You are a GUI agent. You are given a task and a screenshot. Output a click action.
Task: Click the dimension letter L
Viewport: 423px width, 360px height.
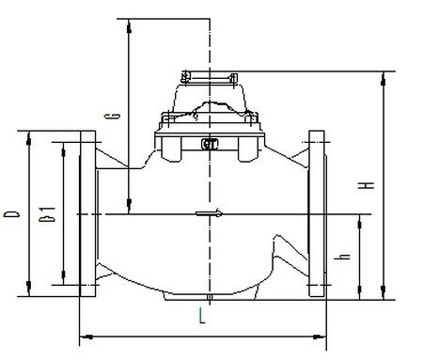(x=202, y=315)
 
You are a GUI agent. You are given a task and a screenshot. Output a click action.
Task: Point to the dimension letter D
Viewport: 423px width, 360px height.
(x=11, y=214)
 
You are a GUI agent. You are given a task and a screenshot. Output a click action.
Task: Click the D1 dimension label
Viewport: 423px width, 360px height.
(x=47, y=214)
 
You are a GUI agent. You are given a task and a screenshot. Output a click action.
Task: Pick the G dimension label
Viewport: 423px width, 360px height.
(x=116, y=116)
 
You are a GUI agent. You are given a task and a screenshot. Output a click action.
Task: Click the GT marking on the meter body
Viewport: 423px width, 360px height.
(x=210, y=144)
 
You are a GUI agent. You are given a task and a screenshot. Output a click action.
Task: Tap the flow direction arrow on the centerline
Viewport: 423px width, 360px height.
(x=210, y=214)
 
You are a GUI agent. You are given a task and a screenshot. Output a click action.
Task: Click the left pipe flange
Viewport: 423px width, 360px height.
(x=88, y=213)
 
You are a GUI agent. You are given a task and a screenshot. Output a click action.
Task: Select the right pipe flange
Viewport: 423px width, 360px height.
(x=317, y=213)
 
